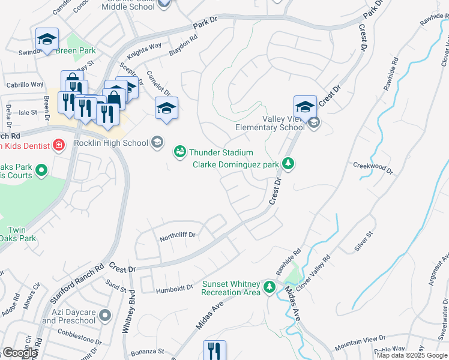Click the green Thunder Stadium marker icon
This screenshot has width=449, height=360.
pyautogui.click(x=179, y=152)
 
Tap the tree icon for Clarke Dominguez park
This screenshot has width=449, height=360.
pyautogui.click(x=289, y=164)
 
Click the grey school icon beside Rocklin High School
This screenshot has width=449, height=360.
pyautogui.click(x=157, y=142)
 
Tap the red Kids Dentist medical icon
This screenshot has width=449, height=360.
pyautogui.click(x=58, y=145)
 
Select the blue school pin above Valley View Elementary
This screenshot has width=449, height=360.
pyautogui.click(x=305, y=107)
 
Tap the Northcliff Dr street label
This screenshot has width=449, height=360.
pyautogui.click(x=178, y=238)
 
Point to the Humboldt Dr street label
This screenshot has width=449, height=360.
pyautogui.click(x=174, y=288)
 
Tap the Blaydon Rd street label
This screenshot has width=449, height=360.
pyautogui.click(x=183, y=46)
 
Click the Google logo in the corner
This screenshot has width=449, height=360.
pyautogui.click(x=20, y=353)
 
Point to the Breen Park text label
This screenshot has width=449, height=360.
pyautogui.click(x=75, y=51)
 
